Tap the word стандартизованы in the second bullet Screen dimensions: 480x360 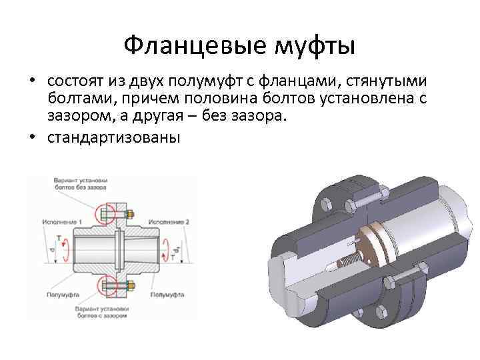[x=114, y=139]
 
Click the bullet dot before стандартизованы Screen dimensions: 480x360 [x=32, y=139]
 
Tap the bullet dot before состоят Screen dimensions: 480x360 [x=32, y=81]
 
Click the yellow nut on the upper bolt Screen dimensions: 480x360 [x=129, y=215]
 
